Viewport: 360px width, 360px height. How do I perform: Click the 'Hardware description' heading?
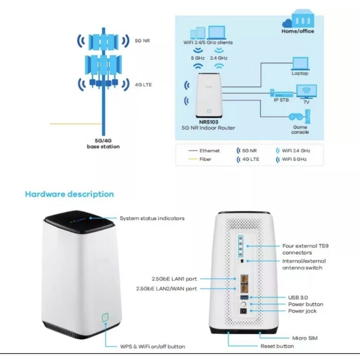[69, 194]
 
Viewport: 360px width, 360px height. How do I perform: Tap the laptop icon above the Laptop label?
[300, 63]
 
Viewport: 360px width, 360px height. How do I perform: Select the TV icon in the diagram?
[308, 92]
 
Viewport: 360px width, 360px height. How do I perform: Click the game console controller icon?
[296, 117]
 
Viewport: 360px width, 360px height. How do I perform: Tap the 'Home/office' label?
[297, 31]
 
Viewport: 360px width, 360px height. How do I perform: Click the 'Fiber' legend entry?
[205, 159]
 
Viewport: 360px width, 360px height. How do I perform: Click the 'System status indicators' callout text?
[152, 218]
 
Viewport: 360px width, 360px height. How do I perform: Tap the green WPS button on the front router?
[105, 317]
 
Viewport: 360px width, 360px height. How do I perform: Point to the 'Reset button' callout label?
[277, 346]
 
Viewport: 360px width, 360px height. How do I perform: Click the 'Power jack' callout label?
[302, 311]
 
